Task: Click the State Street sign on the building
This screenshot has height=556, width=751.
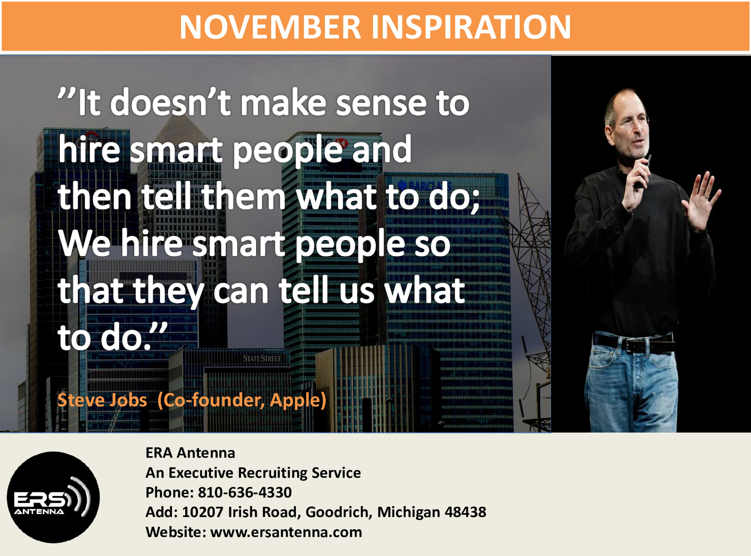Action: (x=262, y=359)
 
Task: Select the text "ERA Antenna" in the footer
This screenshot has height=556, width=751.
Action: (x=190, y=453)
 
